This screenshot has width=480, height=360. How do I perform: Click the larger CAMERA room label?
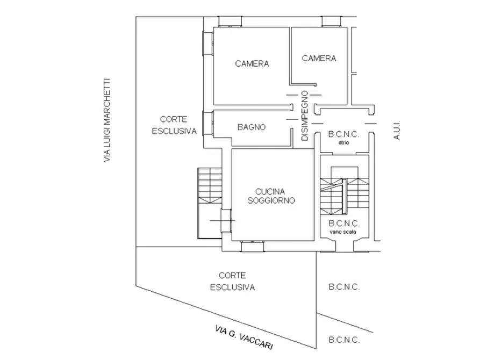pyautogui.click(x=252, y=64)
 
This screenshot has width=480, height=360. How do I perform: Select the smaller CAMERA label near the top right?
pyautogui.click(x=319, y=58)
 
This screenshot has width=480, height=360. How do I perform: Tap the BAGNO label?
pyautogui.click(x=252, y=127)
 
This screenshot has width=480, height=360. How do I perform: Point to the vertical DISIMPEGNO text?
pyautogui.click(x=305, y=116)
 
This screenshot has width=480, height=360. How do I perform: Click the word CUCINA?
pyautogui.click(x=270, y=192)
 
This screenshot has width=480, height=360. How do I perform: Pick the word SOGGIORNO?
pyautogui.click(x=271, y=201)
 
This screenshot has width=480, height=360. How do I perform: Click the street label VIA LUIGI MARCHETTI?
pyautogui.click(x=106, y=120)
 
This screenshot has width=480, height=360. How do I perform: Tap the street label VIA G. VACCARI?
pyautogui.click(x=244, y=337)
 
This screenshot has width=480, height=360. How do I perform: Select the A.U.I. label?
pyautogui.click(x=397, y=130)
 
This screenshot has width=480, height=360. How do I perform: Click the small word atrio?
pyautogui.click(x=344, y=142)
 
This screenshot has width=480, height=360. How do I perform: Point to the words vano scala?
pyautogui.click(x=343, y=232)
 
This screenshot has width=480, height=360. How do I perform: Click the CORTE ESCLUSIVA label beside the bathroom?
pyautogui.click(x=174, y=125)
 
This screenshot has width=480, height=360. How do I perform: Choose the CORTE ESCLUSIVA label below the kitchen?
pyautogui.click(x=232, y=282)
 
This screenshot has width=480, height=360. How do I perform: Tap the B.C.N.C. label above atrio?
pyautogui.click(x=344, y=134)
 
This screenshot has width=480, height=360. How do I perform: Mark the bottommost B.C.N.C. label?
pyautogui.click(x=344, y=340)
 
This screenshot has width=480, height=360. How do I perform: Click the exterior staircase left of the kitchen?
pyautogui.click(x=210, y=203)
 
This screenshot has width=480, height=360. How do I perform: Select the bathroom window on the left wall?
pyautogui.click(x=208, y=124)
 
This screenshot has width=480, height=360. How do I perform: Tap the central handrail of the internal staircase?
pyautogui.click(x=344, y=196)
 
